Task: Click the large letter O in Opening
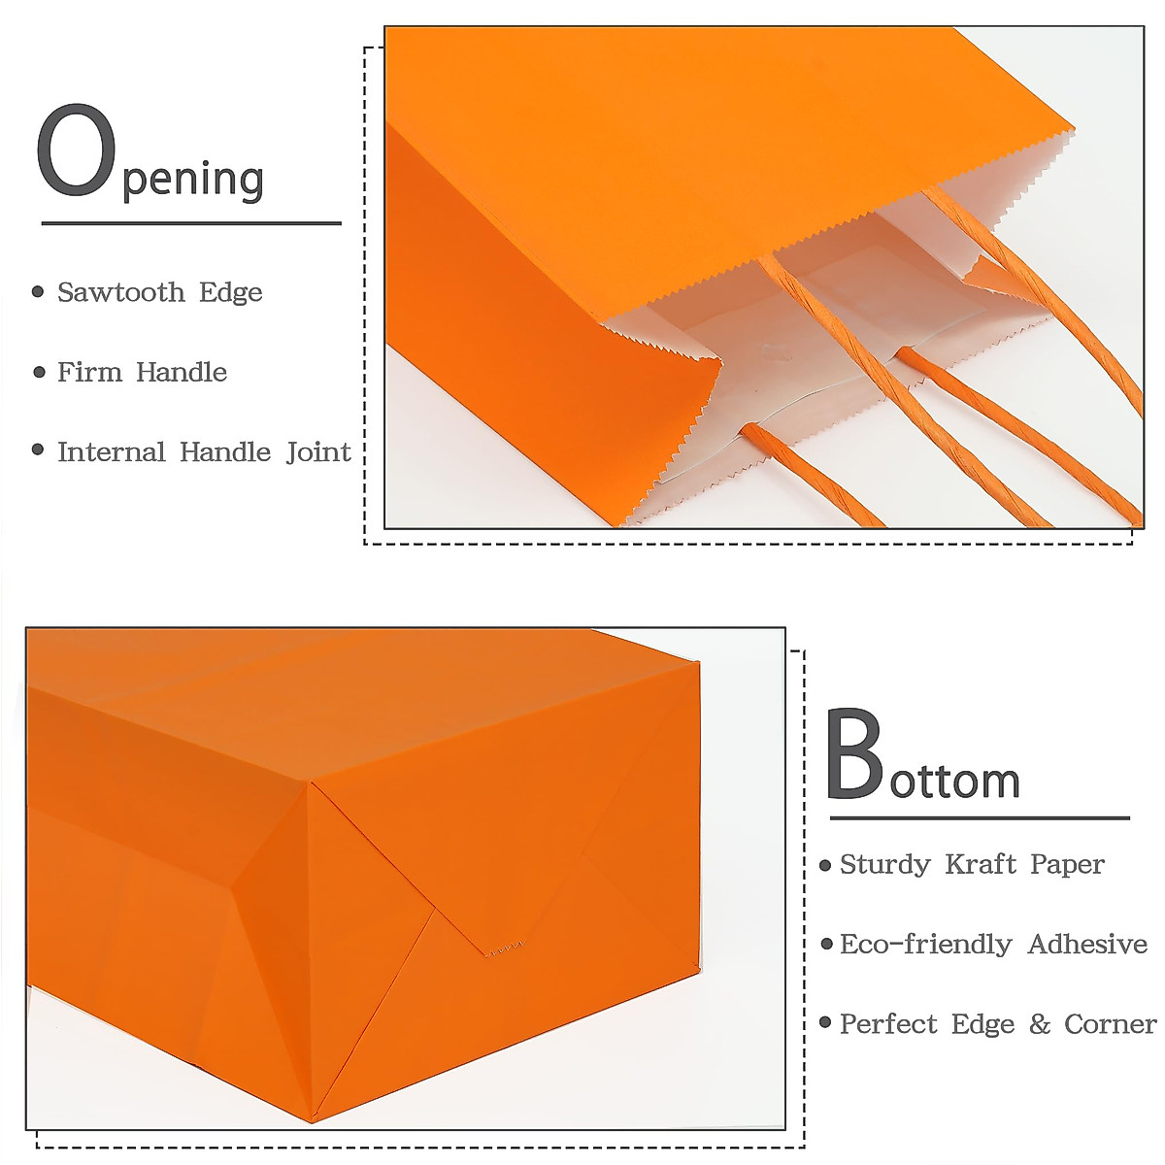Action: [x=76, y=153]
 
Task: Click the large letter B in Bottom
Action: [x=854, y=755]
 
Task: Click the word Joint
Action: [x=318, y=452]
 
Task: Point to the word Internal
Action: [x=111, y=452]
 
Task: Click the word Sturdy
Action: [x=884, y=864]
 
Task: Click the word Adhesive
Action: [x=1087, y=944]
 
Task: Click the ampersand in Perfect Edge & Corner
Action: [x=1039, y=1024]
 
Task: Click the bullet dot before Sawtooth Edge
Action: [x=38, y=291]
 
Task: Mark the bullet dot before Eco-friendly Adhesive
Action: [x=826, y=944]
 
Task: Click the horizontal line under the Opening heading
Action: [x=191, y=223]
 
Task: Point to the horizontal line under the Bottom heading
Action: [x=979, y=818]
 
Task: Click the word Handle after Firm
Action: [x=182, y=372]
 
